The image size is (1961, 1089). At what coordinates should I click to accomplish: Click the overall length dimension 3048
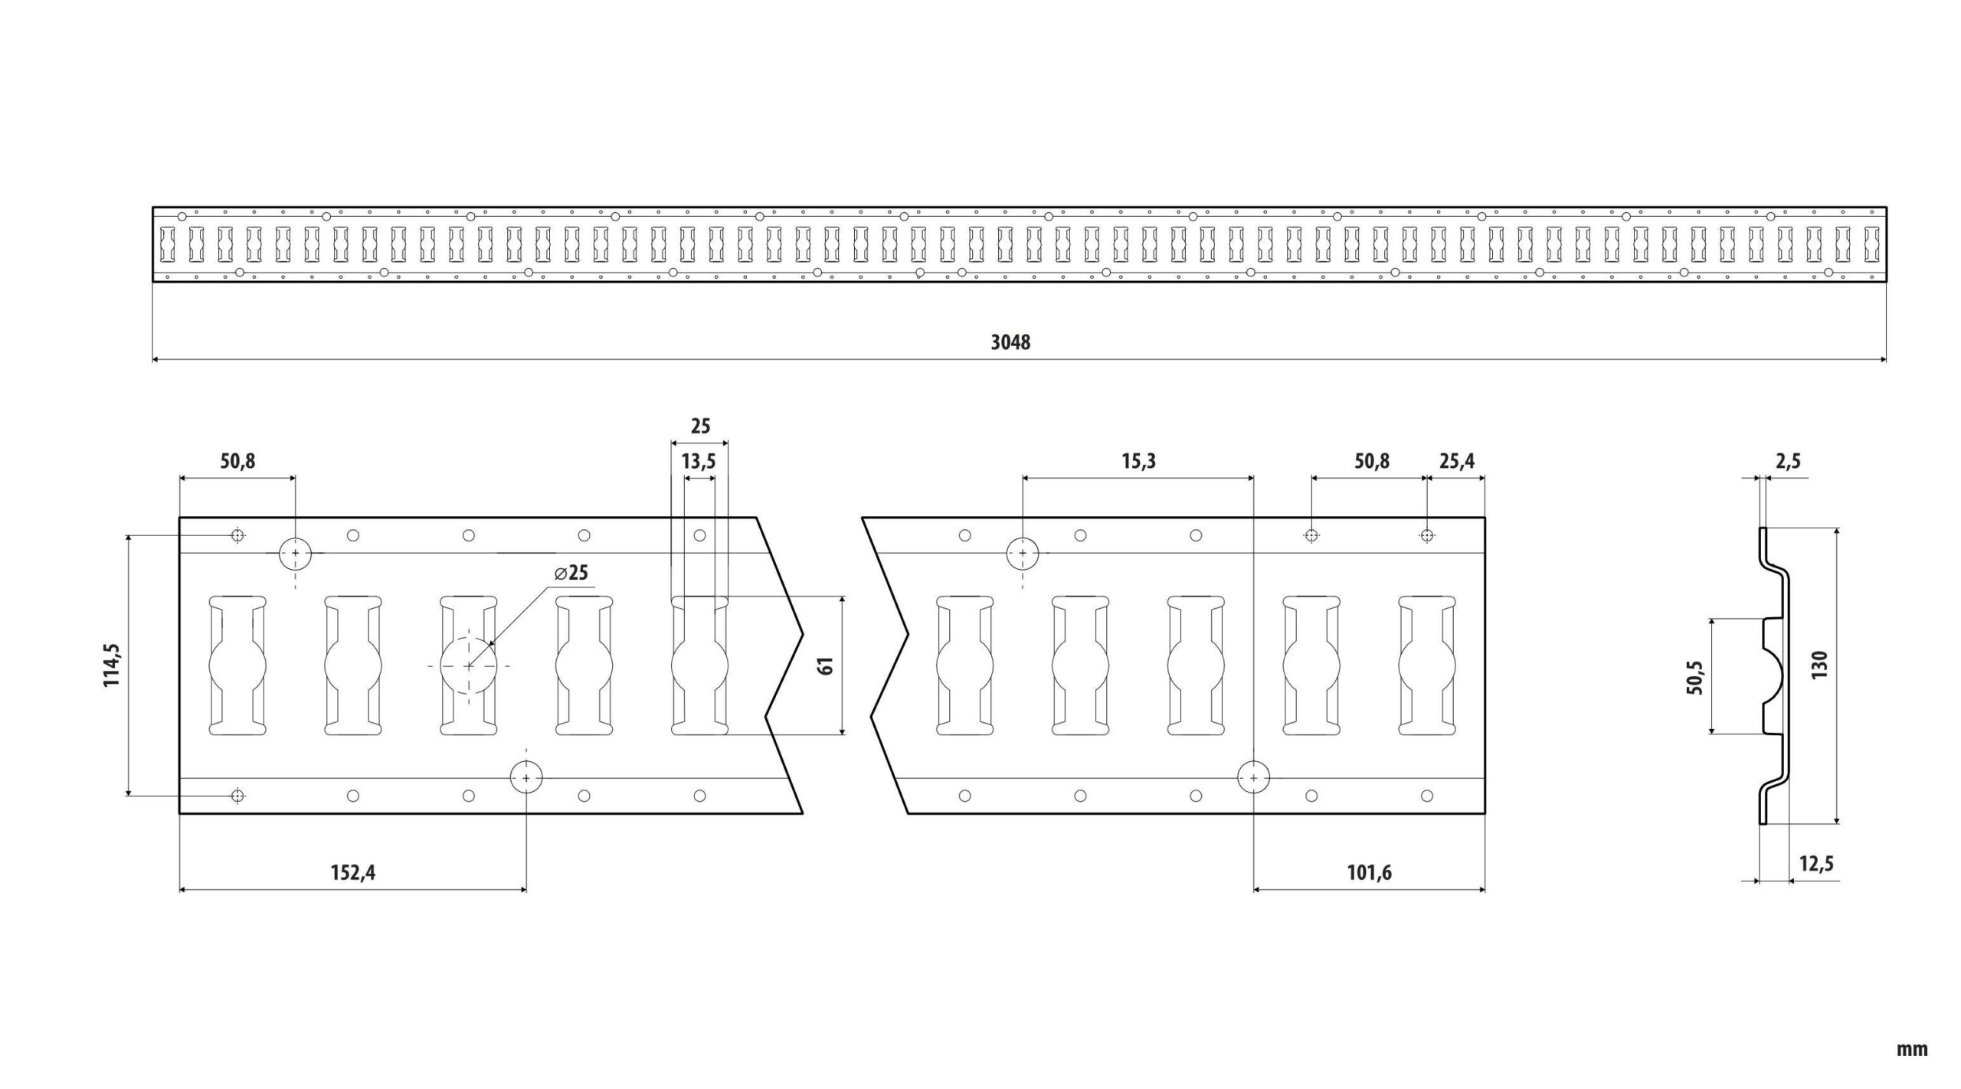[1010, 342]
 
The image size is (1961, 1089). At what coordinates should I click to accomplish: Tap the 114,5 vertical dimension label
[113, 665]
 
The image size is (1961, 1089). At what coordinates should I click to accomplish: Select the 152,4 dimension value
[352, 872]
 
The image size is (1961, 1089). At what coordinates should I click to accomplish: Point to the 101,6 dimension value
[1369, 872]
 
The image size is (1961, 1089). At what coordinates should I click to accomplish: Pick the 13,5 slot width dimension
[699, 462]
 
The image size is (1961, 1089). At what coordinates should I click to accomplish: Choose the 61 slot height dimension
[825, 665]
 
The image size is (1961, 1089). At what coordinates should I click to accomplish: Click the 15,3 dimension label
[1138, 462]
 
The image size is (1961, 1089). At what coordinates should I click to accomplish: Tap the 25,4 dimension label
[1456, 462]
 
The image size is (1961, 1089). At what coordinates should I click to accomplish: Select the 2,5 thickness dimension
[1787, 462]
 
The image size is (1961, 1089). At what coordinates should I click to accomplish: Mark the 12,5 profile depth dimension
[1816, 864]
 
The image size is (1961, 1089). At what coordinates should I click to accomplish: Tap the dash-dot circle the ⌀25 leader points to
[468, 666]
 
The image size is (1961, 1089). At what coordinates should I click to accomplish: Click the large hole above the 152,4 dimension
[526, 778]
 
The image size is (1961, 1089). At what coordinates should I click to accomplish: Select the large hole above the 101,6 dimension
[1253, 778]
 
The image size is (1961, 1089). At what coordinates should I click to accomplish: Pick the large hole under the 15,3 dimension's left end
[1022, 553]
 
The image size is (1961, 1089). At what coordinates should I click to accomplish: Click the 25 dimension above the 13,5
[700, 427]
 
